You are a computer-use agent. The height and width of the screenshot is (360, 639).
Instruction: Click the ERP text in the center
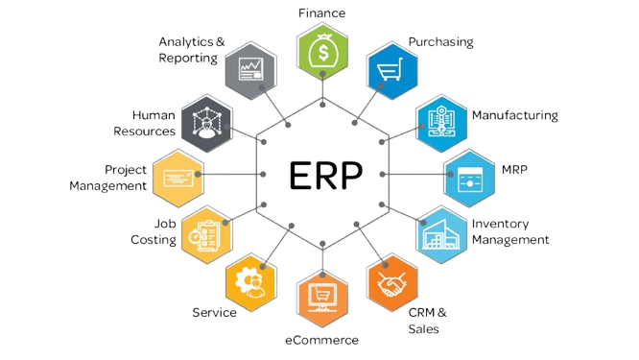(x=325, y=175)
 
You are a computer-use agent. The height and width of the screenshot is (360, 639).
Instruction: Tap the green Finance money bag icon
(x=322, y=52)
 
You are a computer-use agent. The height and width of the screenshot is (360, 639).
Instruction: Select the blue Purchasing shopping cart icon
(x=391, y=70)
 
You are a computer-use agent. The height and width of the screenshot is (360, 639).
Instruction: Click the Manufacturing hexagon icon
(x=441, y=123)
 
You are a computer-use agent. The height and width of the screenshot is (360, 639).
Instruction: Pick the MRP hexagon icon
(x=469, y=179)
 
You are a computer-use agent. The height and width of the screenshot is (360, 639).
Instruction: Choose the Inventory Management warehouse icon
(x=441, y=234)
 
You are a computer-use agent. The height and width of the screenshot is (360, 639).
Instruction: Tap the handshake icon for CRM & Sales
(x=392, y=282)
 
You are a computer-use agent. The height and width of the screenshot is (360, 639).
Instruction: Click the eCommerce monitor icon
(x=322, y=298)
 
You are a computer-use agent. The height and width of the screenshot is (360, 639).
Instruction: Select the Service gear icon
(x=251, y=282)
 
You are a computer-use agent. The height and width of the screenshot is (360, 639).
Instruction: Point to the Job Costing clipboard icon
(x=207, y=235)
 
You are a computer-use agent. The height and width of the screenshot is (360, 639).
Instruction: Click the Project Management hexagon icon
(x=178, y=179)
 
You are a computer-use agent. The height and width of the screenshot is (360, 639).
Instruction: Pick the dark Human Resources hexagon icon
(x=207, y=123)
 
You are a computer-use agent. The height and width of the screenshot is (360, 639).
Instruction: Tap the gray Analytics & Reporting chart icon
(x=251, y=70)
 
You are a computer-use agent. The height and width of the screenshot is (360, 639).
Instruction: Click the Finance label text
(x=322, y=13)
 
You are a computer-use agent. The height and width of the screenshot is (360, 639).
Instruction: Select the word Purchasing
(x=441, y=42)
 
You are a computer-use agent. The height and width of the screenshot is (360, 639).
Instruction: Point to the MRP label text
(x=514, y=169)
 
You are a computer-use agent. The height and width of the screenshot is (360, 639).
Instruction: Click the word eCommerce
(x=322, y=340)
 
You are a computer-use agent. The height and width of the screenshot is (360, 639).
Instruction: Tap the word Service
(x=214, y=312)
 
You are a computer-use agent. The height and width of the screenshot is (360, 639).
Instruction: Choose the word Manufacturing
(x=515, y=116)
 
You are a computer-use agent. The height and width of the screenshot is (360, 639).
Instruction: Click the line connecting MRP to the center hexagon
(x=416, y=174)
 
